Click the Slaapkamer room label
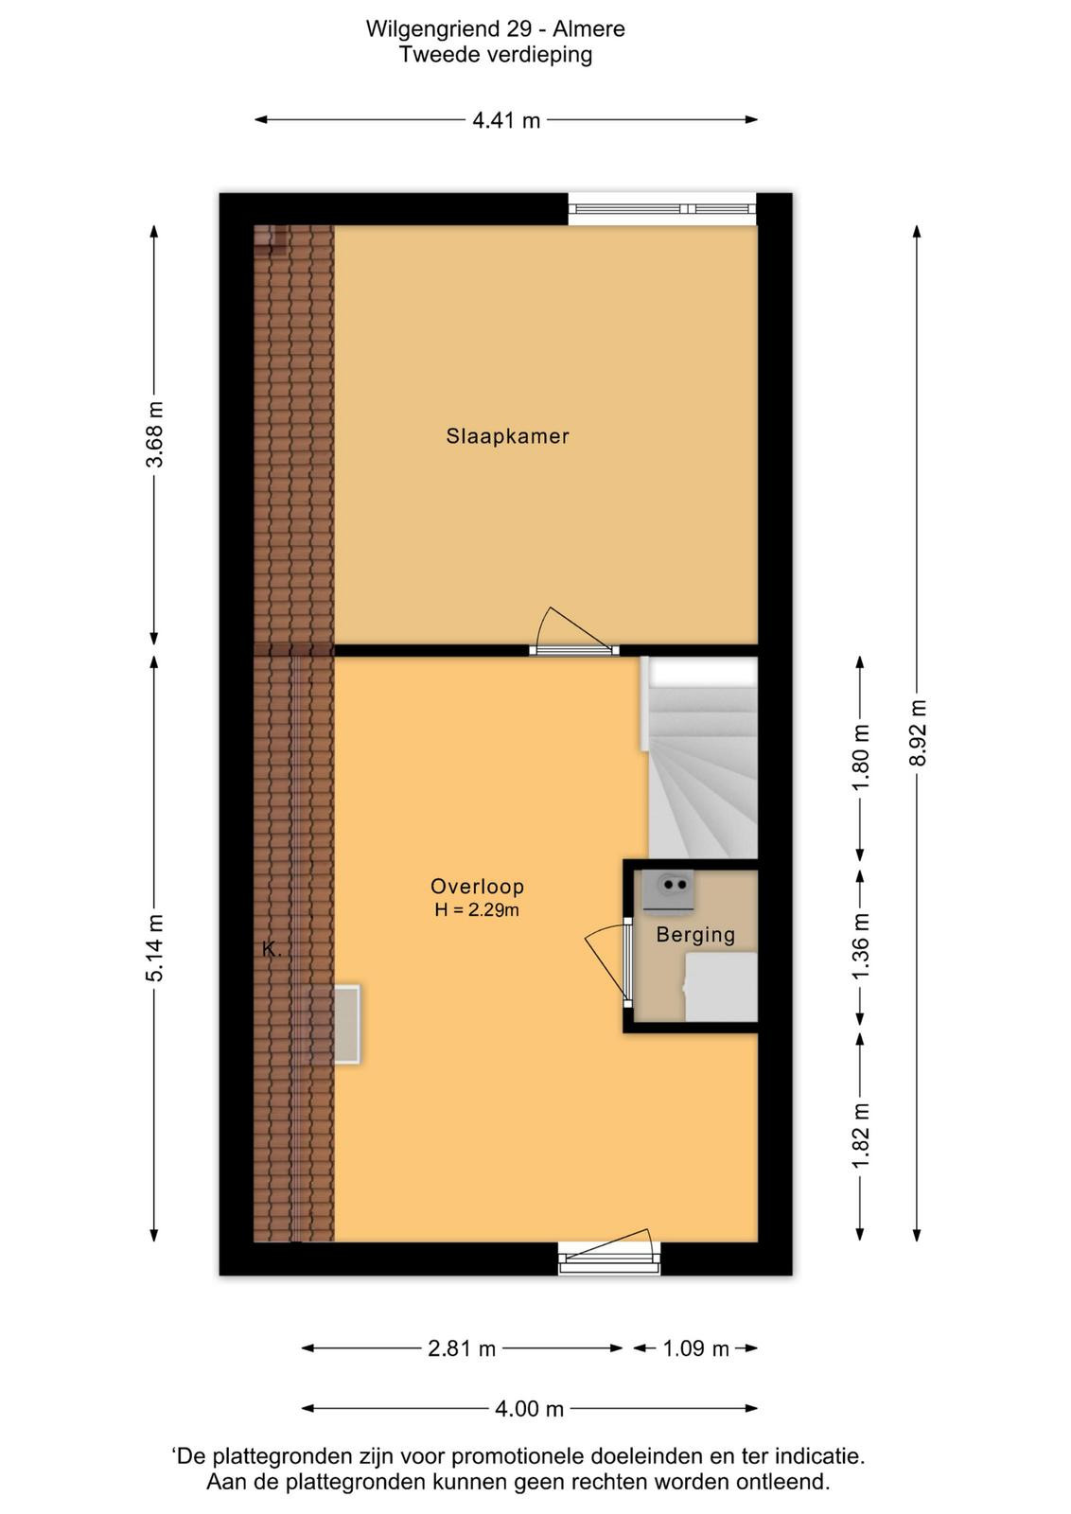507,436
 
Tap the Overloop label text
477,886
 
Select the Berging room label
695,935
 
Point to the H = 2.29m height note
477,909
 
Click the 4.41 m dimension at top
506,120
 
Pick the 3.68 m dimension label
155,434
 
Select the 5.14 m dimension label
155,947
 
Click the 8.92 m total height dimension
917,732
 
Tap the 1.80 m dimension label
860,757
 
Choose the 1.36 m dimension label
860,945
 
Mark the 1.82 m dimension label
860,1135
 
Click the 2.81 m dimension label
462,1348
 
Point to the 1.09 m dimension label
696,1348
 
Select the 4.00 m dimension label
529,1409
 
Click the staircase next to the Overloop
703,757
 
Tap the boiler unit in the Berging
669,889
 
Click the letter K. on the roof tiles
271,950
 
